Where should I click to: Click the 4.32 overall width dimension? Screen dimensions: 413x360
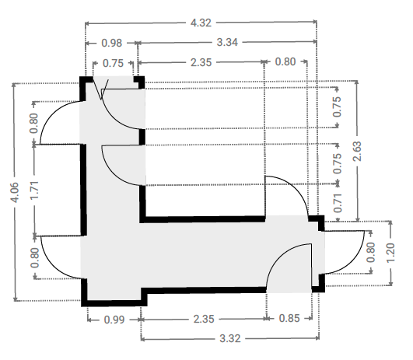(x=201, y=23)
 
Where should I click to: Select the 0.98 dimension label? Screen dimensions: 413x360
(x=112, y=43)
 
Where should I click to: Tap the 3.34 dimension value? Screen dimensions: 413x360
(x=227, y=43)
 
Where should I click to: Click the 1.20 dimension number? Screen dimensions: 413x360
(x=390, y=253)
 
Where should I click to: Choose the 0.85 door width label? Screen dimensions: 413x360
(x=289, y=319)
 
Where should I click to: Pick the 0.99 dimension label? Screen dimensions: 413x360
(x=114, y=320)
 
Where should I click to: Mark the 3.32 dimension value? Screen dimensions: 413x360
(x=230, y=339)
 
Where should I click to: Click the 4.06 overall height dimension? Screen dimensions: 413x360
(x=15, y=192)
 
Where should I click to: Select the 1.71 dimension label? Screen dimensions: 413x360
(x=34, y=190)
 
